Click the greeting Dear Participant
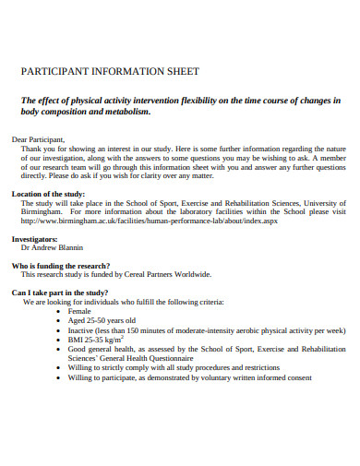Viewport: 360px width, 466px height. point(41,138)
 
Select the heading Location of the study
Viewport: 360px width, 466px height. point(48,194)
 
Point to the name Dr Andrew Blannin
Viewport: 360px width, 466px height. point(52,247)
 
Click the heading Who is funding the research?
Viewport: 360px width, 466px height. point(61,265)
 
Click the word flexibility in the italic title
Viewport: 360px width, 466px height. point(202,100)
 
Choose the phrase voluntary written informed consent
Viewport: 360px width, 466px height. point(261,377)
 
